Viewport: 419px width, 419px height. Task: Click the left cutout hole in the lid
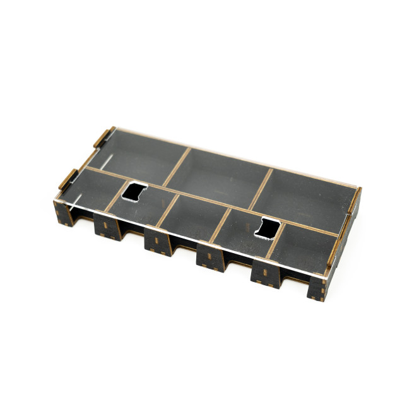pos(135,191)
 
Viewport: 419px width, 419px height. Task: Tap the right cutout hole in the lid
pos(268,228)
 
